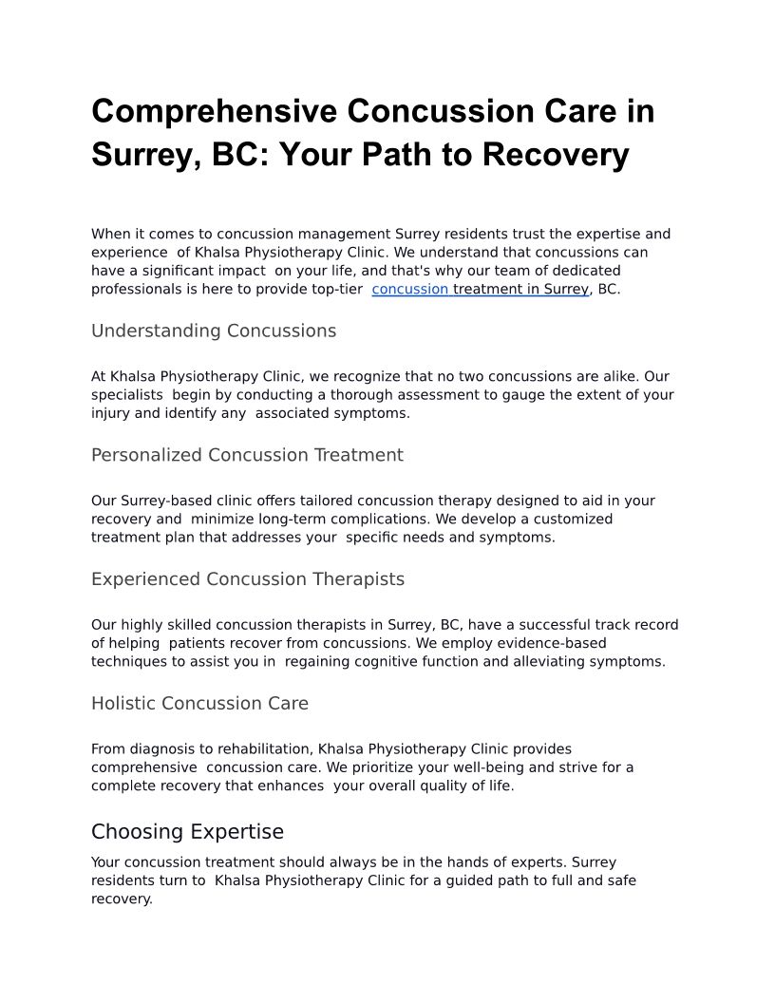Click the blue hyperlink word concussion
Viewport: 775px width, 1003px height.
click(x=410, y=290)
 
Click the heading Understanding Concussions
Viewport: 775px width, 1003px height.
click(x=214, y=331)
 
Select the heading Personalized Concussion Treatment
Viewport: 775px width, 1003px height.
click(x=247, y=455)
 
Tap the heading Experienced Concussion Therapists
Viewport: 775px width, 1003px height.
click(x=248, y=579)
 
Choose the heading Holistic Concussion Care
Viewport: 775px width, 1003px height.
click(x=199, y=704)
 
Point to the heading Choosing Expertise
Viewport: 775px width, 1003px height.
click(x=187, y=832)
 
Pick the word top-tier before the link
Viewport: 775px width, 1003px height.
click(x=337, y=290)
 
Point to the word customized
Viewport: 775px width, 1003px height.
click(x=571, y=520)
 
